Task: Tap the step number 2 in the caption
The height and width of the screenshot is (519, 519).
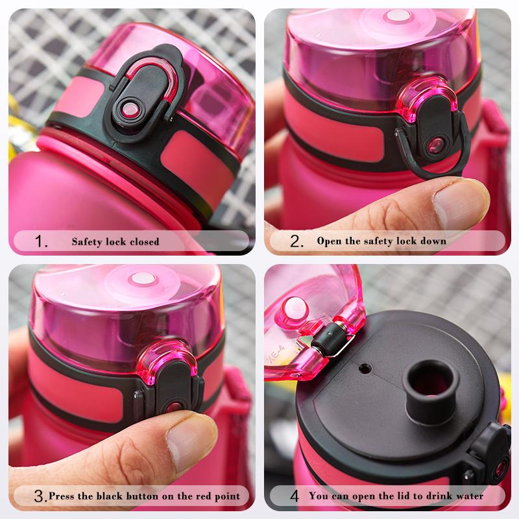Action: [297, 242]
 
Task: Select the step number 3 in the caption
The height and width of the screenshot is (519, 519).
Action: [40, 497]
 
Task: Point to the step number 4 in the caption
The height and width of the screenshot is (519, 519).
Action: [295, 497]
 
